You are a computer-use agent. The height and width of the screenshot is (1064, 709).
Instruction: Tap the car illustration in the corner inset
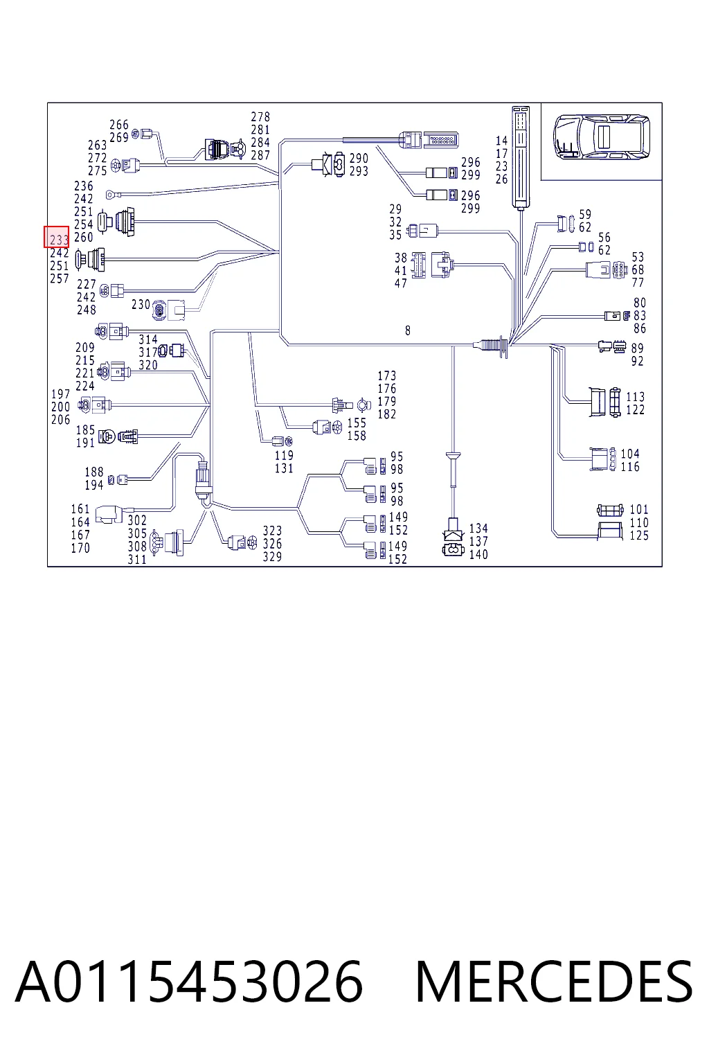point(601,136)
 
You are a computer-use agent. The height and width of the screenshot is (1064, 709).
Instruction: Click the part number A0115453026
point(189,982)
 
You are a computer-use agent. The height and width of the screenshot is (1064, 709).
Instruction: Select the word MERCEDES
point(554,982)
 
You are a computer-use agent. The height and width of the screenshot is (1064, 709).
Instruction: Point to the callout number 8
point(408,330)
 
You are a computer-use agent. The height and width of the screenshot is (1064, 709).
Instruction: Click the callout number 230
point(141,305)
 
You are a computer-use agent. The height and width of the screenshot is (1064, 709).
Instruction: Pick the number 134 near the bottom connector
point(478,529)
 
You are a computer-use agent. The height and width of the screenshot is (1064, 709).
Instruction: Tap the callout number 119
point(284,455)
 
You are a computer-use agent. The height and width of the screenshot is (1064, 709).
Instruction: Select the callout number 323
point(272,531)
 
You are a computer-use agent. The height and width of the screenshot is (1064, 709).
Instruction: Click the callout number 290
point(359,158)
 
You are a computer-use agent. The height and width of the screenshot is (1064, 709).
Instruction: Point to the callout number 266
point(118,125)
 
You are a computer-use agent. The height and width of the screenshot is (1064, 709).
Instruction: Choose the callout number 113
point(636,397)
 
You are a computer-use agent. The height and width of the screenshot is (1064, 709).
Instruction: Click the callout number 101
point(638,509)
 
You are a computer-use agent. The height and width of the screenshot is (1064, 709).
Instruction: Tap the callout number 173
point(386,375)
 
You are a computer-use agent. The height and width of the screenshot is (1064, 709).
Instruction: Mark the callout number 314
point(147,339)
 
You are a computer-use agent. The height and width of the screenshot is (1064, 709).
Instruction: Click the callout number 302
point(137,520)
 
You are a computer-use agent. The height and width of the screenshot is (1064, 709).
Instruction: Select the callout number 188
point(93,472)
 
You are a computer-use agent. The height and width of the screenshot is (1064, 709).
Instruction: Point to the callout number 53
point(638,257)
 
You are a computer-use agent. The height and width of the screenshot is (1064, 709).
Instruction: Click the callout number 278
point(260,116)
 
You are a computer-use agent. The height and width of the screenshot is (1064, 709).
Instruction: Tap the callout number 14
point(501,141)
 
